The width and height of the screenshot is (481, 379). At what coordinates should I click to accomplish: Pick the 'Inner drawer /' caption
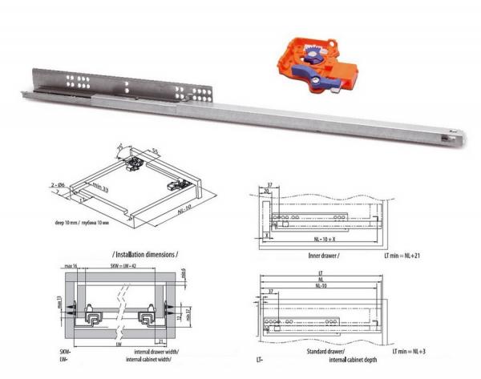321,255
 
